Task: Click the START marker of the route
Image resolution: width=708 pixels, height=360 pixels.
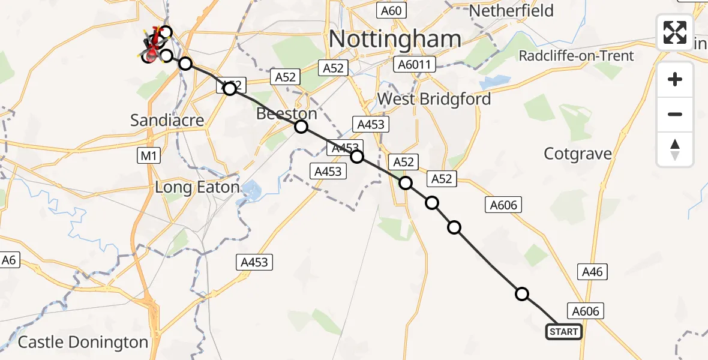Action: (x=563, y=332)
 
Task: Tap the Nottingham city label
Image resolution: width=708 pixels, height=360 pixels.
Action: (x=395, y=39)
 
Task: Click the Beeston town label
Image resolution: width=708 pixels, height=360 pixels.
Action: (x=287, y=114)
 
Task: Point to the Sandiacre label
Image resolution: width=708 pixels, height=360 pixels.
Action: (x=167, y=120)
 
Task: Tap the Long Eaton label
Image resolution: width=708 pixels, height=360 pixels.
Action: (x=197, y=187)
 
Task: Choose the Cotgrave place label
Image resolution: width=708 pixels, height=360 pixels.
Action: (x=578, y=154)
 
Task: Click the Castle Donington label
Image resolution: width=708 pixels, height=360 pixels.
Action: (x=83, y=343)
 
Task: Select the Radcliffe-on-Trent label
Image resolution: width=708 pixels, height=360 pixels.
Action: (x=576, y=56)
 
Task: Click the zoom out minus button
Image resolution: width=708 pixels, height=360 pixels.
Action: (x=675, y=114)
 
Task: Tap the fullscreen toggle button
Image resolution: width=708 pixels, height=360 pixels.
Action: (x=675, y=32)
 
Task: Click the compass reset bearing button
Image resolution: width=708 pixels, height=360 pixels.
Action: (x=675, y=149)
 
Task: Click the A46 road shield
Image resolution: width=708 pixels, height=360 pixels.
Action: (x=592, y=272)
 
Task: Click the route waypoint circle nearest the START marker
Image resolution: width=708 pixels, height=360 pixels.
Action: (x=522, y=294)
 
